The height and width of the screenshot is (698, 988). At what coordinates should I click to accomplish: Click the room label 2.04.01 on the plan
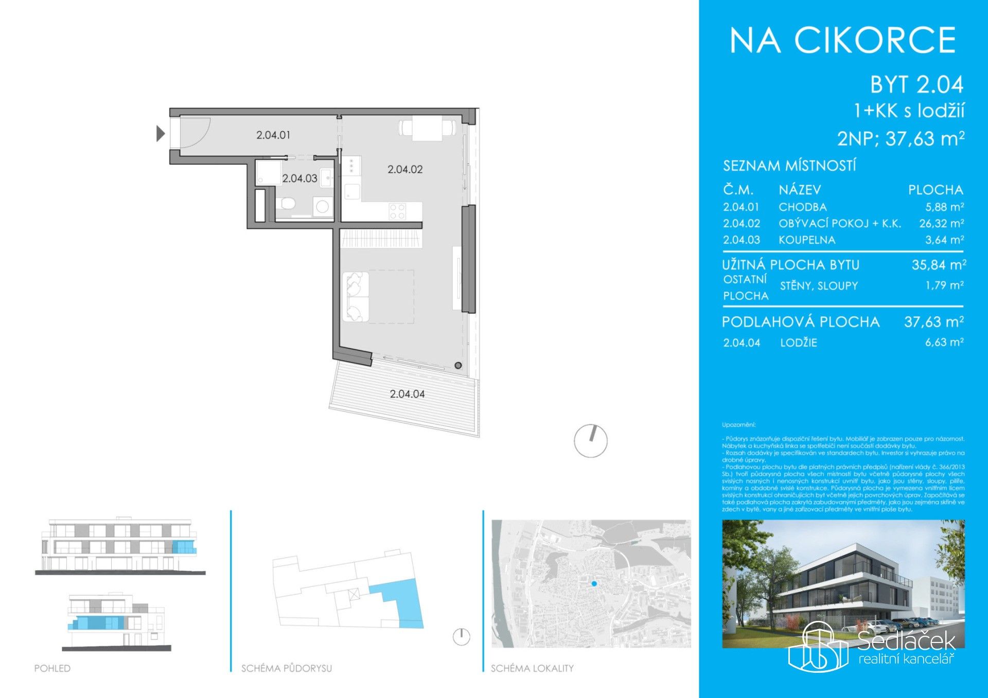click(273, 135)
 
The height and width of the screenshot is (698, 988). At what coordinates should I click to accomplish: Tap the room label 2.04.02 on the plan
click(405, 169)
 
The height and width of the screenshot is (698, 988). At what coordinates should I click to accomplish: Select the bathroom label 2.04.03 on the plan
click(299, 178)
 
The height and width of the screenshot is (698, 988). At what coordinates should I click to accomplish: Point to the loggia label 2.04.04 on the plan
click(407, 394)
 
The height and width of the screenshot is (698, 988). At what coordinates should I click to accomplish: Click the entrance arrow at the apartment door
click(161, 134)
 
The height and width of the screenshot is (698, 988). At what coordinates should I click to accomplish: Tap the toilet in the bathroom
click(287, 204)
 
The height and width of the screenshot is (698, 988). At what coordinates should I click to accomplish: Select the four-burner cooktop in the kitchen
click(397, 210)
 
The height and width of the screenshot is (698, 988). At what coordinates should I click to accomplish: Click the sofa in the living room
click(356, 297)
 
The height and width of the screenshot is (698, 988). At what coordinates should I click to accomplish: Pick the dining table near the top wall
click(427, 128)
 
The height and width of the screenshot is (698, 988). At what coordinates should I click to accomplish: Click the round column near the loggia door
click(458, 366)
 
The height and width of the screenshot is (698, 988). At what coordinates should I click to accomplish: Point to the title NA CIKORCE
click(843, 41)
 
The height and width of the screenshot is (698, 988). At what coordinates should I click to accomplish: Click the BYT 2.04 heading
click(916, 85)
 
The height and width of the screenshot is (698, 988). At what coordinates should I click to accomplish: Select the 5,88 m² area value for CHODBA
click(944, 207)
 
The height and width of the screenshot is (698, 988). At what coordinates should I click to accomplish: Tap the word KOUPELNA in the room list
click(807, 240)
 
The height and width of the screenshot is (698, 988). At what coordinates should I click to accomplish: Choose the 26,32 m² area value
click(941, 223)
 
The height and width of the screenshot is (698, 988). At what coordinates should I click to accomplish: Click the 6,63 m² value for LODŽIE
click(944, 342)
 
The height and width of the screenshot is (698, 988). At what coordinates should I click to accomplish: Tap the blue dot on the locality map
click(594, 583)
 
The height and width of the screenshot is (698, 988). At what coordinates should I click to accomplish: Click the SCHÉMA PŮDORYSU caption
click(287, 668)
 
